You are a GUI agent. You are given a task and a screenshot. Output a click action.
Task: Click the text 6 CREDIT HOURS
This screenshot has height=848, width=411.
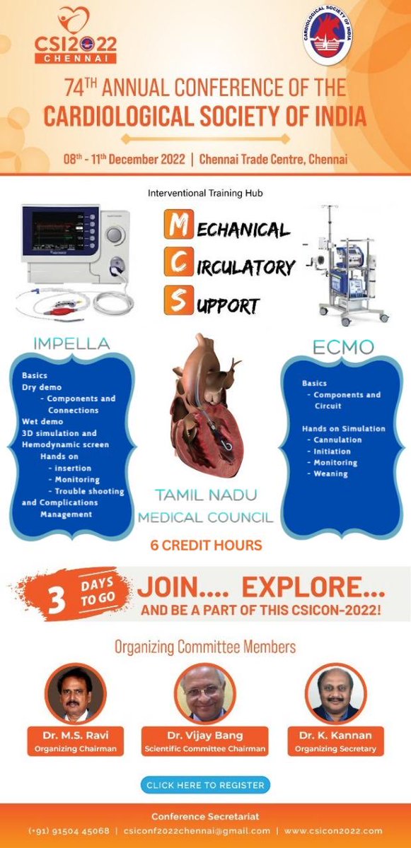[206, 545]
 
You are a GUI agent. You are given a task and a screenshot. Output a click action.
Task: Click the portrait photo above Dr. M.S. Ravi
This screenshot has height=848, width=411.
[75, 693]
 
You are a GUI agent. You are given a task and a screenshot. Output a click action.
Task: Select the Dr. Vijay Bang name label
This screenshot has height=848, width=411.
[204, 736]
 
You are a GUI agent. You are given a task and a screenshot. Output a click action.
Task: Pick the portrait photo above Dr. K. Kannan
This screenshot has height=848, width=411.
[336, 693]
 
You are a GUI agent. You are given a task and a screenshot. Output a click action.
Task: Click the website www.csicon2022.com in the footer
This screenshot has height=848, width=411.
[335, 831]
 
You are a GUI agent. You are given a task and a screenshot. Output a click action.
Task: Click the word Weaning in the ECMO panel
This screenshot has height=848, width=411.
[331, 473]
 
